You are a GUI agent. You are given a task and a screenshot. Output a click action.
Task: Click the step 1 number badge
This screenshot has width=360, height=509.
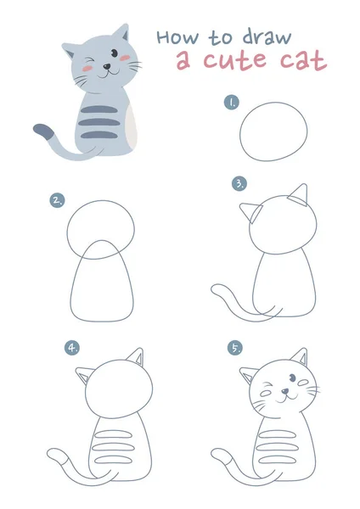pos(231,102)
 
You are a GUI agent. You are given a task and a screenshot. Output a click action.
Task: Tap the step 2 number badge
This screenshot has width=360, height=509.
pos(57,200)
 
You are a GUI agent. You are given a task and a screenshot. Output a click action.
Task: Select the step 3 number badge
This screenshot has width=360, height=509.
pos(239,182)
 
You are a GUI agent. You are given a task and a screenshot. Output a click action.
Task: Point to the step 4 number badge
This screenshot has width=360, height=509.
pos(72,347)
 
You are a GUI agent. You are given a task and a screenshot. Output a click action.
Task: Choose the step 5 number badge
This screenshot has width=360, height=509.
pos(234,347)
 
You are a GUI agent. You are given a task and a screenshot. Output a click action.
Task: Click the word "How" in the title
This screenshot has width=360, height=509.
pos(176,36)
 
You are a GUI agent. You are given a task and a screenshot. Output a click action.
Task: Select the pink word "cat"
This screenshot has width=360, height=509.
pos(303,61)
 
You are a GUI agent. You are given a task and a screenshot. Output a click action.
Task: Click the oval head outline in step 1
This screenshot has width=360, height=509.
pos(273,132)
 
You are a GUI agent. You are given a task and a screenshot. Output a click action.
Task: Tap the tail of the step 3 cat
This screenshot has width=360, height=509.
pos(222,297)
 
